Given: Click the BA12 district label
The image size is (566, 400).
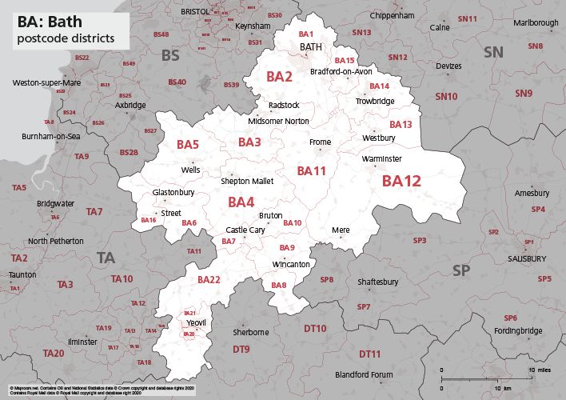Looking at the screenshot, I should pos(401,182).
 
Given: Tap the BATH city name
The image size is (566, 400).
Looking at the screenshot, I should pos(310,48).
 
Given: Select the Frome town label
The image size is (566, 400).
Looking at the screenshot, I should pos(320,142).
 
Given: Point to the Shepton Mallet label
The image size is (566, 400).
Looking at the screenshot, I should pos(247,182).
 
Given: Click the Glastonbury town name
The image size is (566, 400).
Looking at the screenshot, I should pos(173,193).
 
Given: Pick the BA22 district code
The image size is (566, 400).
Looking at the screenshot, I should pos(209,279).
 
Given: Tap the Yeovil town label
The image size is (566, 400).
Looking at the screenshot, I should pos(195,322).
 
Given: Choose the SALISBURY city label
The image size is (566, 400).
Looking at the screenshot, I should pos(527,259).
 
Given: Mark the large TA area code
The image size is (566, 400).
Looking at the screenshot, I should pos(106,258).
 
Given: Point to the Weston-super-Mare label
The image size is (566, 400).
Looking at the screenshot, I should pos(46,83).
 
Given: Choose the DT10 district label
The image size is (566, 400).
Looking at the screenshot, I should pos(314,329).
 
